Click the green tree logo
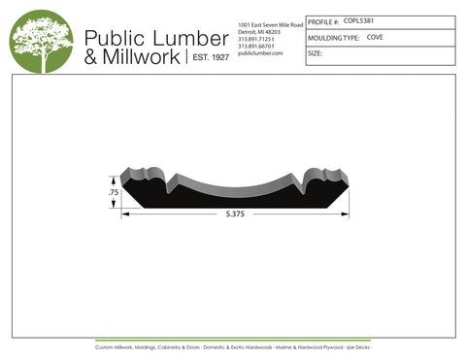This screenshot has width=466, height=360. coord(41,42)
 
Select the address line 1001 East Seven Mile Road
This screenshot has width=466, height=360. coord(270,23)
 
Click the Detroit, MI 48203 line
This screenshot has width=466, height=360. coord(259,31)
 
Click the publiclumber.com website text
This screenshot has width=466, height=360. coord(259,53)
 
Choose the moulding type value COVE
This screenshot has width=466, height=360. coord(375,37)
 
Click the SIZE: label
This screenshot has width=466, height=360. coord(315,54)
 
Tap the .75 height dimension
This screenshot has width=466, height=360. coord(113,192)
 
